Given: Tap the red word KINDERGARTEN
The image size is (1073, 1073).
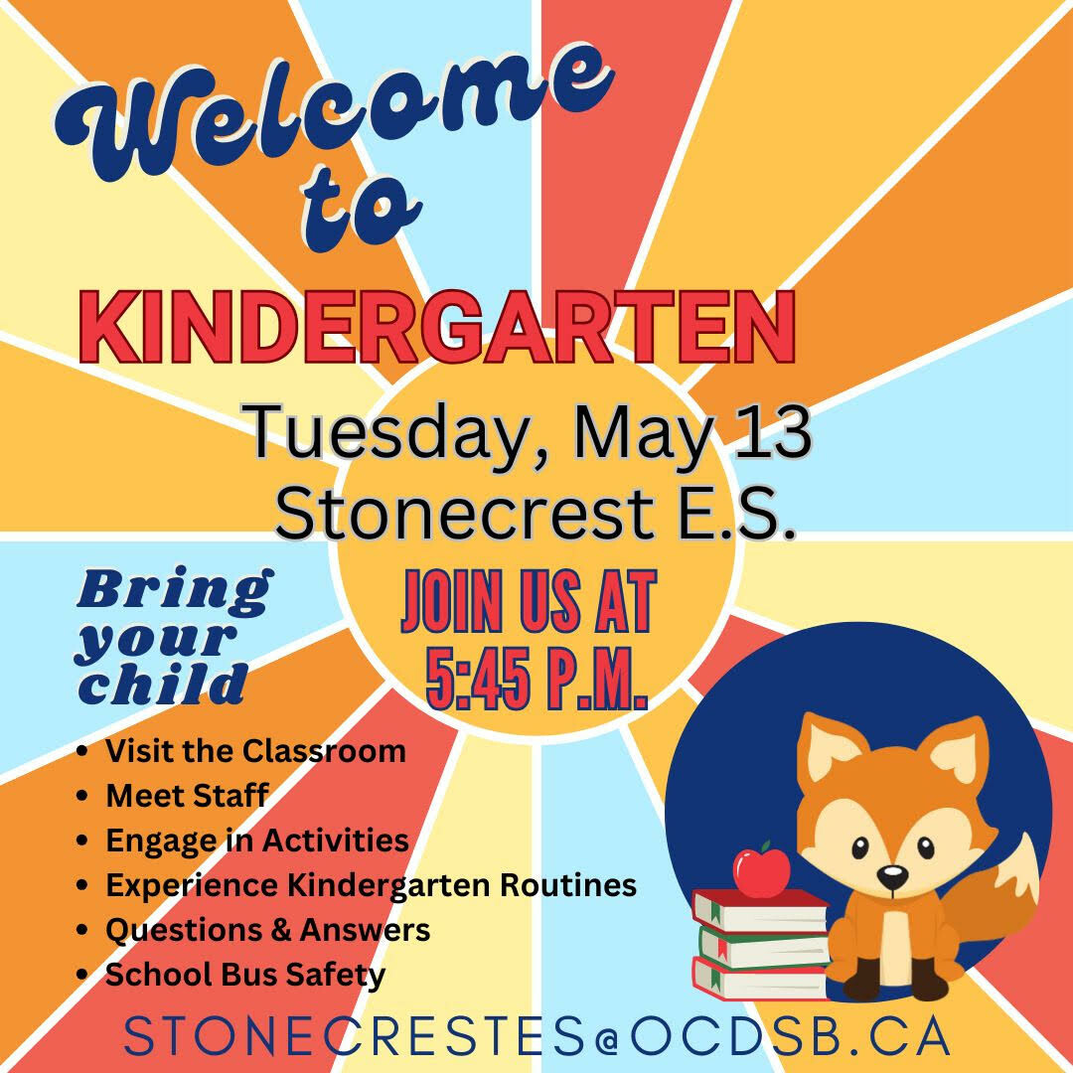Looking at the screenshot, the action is click(x=438, y=328).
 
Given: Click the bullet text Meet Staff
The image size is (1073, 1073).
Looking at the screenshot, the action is click(x=187, y=795).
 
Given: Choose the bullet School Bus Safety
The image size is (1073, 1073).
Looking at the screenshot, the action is click(x=245, y=974).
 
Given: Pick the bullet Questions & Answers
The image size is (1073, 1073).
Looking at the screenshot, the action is click(x=267, y=929).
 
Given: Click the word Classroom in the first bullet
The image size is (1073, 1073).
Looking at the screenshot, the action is click(x=324, y=751).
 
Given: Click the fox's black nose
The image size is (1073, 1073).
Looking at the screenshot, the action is click(x=893, y=875).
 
